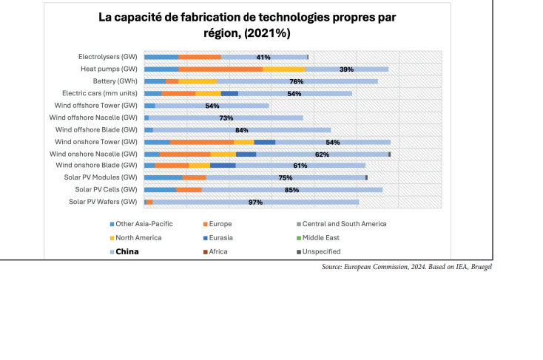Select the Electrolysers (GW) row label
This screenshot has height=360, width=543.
108,57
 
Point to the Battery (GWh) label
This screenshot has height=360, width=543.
115,81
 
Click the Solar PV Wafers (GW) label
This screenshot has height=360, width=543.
103,202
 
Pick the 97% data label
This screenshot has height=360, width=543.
256,202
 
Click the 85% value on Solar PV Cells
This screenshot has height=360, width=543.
291,190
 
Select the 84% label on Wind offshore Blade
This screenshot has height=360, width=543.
241,129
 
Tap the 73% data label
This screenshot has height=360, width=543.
226,118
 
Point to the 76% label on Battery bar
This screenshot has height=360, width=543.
297,81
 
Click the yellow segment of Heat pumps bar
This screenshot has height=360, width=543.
283,69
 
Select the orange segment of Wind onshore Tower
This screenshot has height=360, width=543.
201,141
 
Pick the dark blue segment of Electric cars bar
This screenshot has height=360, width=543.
229,93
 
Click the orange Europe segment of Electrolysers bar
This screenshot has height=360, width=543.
200,57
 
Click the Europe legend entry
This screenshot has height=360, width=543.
220,223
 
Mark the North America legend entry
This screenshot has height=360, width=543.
138,237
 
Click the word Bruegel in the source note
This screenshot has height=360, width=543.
481,267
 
